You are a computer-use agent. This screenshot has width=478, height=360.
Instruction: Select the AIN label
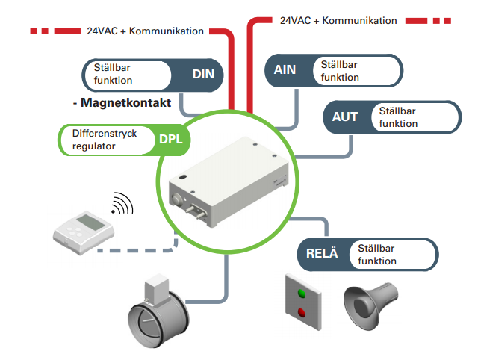285,70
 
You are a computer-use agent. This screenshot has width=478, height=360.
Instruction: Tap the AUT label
344,117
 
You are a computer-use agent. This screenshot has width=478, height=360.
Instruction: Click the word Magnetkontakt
128,102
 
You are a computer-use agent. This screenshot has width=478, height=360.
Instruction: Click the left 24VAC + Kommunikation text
146,31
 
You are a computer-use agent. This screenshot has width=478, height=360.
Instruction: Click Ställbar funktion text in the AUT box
399,117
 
